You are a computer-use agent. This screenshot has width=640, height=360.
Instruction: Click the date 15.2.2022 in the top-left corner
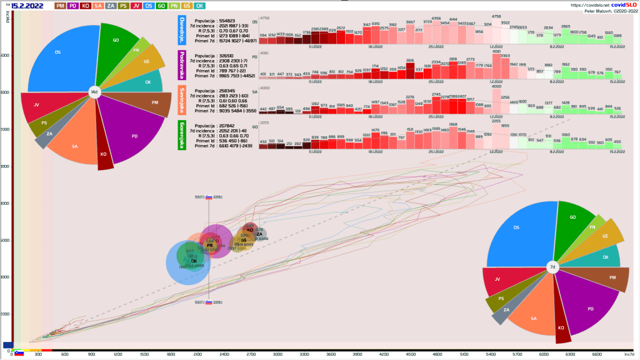tap(27, 6)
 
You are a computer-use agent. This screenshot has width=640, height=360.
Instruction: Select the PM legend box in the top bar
tap(61, 6)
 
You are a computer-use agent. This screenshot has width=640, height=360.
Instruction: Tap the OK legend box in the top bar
tap(199, 6)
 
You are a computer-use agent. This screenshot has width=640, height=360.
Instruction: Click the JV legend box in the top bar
tap(136, 6)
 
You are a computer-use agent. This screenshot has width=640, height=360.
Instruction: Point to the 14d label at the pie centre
tap(94, 92)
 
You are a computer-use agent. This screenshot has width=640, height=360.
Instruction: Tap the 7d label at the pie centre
tap(552, 267)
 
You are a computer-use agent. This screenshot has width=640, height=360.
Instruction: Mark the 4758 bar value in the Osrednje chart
tap(496, 16)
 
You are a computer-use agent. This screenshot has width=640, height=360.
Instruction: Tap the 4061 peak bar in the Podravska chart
tap(496, 51)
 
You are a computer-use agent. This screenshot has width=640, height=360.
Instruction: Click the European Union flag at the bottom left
tap(7, 344)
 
